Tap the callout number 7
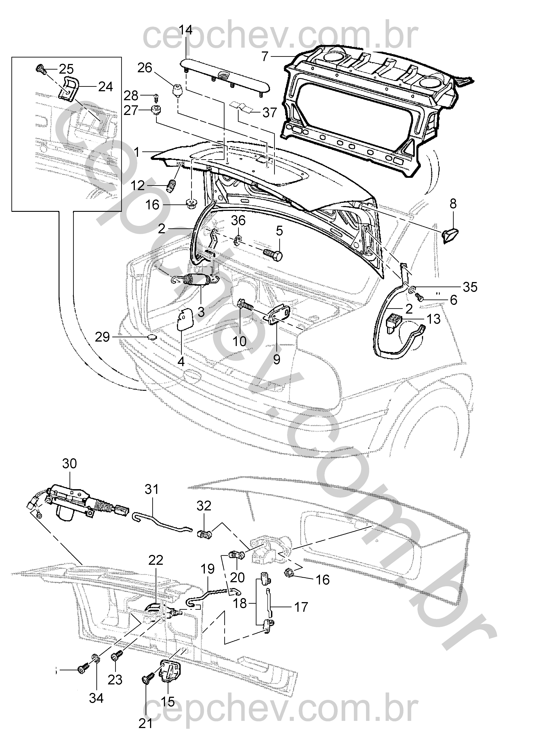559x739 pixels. (x=265, y=57)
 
